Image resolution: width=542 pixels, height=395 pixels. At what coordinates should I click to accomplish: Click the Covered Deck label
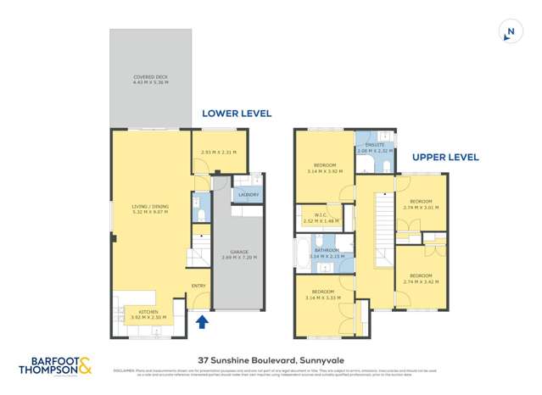pos(150,80)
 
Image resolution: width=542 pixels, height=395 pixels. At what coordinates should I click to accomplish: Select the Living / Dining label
pos(150,209)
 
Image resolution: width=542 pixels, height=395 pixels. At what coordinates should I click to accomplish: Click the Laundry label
pos(249,194)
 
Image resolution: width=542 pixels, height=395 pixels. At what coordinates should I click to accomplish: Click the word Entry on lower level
pos(198,286)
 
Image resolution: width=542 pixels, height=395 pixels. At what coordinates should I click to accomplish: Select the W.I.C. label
pos(321,218)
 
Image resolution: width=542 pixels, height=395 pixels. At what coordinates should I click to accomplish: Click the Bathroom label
pos(327,252)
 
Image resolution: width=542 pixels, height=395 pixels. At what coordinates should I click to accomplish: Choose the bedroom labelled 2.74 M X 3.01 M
pos(421,203)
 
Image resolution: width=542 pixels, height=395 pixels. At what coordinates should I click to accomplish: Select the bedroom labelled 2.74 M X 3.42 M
pos(422,277)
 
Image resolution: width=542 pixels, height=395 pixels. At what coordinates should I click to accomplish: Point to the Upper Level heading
pos(445,157)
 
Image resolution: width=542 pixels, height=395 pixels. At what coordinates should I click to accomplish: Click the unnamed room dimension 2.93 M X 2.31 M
pos(217,152)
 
